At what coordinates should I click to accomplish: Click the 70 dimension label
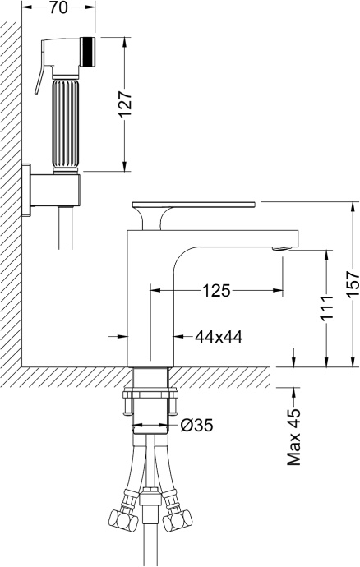(58, 7)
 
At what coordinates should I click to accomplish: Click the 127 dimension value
(125, 104)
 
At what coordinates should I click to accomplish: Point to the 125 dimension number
(216, 290)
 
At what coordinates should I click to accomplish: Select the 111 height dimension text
(326, 308)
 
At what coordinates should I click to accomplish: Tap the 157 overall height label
(353, 284)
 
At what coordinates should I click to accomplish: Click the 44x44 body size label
(219, 337)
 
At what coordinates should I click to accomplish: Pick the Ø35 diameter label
(196, 426)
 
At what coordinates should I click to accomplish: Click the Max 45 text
(293, 437)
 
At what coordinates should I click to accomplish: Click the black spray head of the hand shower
(87, 52)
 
